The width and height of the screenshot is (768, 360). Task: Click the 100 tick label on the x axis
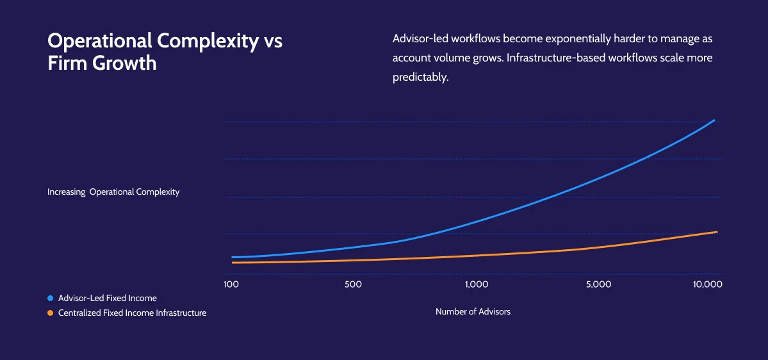(231, 284)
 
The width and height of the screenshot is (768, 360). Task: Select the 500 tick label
(353, 284)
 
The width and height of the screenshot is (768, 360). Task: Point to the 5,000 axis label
(598, 284)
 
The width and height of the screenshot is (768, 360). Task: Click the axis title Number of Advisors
(473, 311)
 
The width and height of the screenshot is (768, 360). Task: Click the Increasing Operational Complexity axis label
(113, 192)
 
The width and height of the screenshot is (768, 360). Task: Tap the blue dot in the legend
(50, 298)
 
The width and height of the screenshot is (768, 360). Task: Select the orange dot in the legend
(50, 313)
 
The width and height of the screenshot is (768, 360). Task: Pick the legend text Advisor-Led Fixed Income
(108, 298)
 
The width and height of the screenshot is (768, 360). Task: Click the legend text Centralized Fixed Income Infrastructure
(132, 313)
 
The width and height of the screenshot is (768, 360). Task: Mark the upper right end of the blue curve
(714, 120)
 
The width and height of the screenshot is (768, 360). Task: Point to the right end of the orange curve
(717, 232)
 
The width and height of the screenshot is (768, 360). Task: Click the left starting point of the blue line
(233, 257)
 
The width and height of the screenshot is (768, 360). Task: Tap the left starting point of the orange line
(233, 263)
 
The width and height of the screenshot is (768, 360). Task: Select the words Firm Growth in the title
(102, 63)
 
